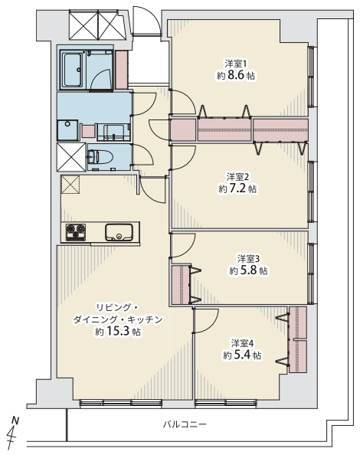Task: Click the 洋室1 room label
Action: coord(236,64)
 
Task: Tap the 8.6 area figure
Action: coord(236,75)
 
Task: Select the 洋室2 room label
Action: coord(237,177)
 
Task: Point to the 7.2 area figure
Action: coord(237,189)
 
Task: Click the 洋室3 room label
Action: coord(248,259)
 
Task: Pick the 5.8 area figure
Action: coord(248,270)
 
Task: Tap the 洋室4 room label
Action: coord(242,344)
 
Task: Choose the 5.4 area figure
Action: coord(242,355)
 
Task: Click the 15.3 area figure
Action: coord(118,332)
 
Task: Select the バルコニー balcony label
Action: coord(185,424)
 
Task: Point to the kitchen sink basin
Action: coord(119,232)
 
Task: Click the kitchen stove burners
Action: coord(76,232)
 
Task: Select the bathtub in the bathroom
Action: coord(73,70)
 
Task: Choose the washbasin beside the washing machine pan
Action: coord(113,132)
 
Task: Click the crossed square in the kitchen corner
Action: coord(70,184)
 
